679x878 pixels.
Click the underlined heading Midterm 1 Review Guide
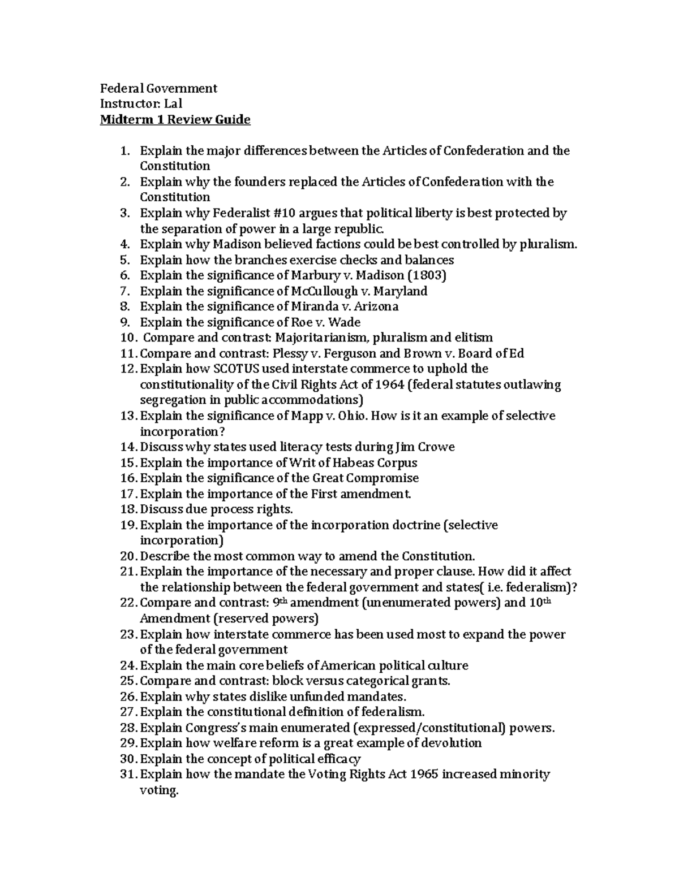(x=175, y=120)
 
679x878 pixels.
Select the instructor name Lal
(x=173, y=104)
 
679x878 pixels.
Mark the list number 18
(x=128, y=509)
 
